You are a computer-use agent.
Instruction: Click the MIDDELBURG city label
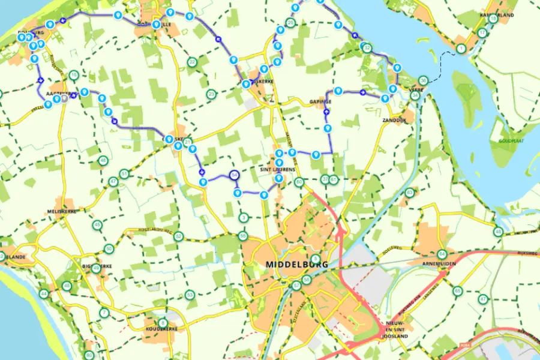pos(288,264)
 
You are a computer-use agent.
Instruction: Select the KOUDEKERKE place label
pos(159,331)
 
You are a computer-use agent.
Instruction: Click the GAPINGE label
pos(320,103)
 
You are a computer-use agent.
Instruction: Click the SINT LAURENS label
pos(278,170)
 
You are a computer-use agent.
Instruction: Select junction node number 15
pos(73,76)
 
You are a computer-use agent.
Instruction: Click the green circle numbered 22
pos(192,62)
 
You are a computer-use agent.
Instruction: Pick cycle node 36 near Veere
pos(424,80)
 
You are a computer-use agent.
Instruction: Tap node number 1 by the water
pos(461,49)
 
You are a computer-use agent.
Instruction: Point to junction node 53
pos(190,295)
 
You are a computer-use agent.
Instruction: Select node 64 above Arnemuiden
pos(442,253)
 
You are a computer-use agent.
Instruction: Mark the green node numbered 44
pos(44,294)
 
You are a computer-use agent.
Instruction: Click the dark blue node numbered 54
pos(234,175)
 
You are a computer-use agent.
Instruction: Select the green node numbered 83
pos(410,193)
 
